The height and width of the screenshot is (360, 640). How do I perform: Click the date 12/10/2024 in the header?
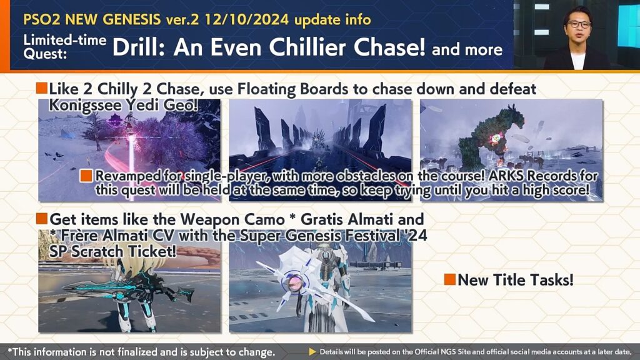(x=246, y=19)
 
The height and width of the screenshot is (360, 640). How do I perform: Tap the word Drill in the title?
(x=139, y=47)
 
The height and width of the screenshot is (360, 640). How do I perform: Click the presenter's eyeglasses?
(x=578, y=25)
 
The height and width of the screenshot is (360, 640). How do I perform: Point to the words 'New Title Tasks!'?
(x=516, y=280)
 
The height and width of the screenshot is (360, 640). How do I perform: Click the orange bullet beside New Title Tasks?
(x=450, y=279)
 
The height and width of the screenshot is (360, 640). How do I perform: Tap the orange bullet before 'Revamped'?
(x=86, y=176)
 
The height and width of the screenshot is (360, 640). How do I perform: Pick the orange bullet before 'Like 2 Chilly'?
(x=42, y=88)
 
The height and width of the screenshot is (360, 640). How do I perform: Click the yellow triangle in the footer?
(x=312, y=352)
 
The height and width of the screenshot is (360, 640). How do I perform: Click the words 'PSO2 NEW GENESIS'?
(x=92, y=19)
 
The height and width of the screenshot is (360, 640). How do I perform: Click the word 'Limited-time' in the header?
(x=65, y=41)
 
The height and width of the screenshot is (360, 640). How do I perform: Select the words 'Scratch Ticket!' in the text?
(x=124, y=251)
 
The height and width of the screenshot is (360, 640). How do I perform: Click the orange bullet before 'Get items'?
(x=42, y=219)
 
